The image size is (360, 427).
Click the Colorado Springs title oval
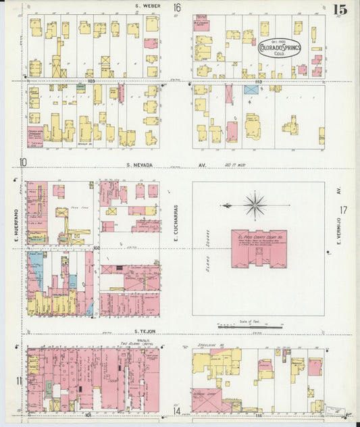[x=279, y=49]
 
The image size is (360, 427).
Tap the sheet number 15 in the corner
[x=340, y=9]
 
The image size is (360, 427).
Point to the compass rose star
[x=255, y=205]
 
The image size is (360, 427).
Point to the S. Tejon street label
[x=145, y=331]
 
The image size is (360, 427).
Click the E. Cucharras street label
[x=174, y=218]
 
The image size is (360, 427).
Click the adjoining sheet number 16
[x=176, y=8]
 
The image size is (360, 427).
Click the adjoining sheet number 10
[x=23, y=161]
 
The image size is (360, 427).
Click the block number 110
[x=257, y=80]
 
